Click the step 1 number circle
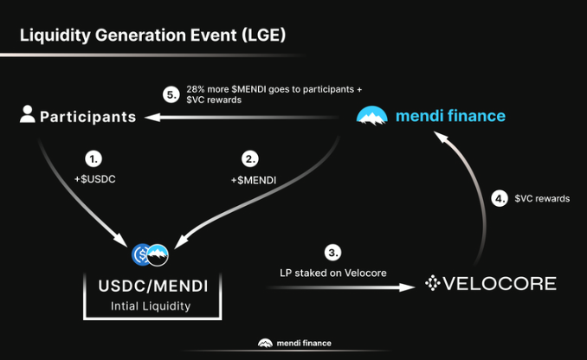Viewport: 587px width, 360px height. pyautogui.click(x=94, y=159)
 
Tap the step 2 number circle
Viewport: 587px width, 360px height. pyautogui.click(x=249, y=159)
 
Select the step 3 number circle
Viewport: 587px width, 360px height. pyautogui.click(x=332, y=253)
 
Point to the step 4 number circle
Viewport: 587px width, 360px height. pyautogui.click(x=500, y=198)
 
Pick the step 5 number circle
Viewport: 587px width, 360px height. pyautogui.click(x=171, y=94)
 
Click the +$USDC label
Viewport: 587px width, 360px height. pyautogui.click(x=94, y=179)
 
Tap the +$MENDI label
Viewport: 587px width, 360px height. pyautogui.click(x=254, y=180)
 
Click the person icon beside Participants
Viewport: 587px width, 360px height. pyautogui.click(x=28, y=114)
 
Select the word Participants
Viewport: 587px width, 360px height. pyautogui.click(x=88, y=117)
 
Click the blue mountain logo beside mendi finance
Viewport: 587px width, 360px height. pyautogui.click(x=371, y=116)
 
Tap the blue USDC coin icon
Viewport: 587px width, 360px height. pyautogui.click(x=140, y=254)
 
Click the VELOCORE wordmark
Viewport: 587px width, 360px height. pyautogui.click(x=500, y=283)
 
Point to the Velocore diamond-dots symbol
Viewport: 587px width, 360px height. pyautogui.click(x=433, y=283)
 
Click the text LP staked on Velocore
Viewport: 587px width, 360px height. pyautogui.click(x=333, y=273)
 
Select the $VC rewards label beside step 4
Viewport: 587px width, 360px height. pyautogui.click(x=542, y=198)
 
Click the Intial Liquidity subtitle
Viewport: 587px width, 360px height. pyautogui.click(x=151, y=306)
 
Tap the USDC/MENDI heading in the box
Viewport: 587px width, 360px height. pyautogui.click(x=152, y=286)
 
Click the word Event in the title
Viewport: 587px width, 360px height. pyautogui.click(x=213, y=35)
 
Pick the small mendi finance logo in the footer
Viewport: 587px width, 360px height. pyautogui.click(x=265, y=344)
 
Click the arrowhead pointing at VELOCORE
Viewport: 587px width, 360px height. pyautogui.click(x=407, y=287)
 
